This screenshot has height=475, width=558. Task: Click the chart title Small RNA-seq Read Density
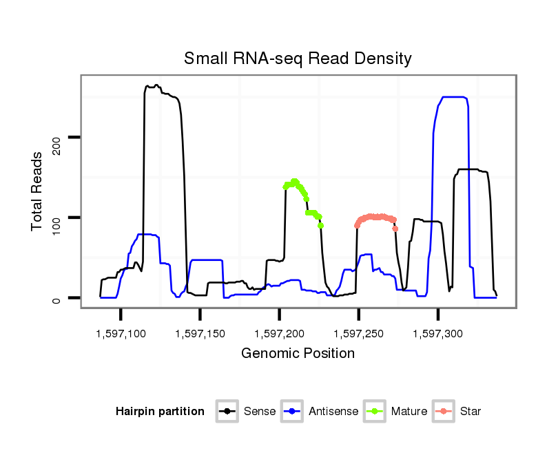tap(298, 59)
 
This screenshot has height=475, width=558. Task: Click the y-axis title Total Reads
tap(39, 191)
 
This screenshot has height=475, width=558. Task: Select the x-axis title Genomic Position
tap(298, 354)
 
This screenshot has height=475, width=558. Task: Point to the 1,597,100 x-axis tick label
tap(121, 334)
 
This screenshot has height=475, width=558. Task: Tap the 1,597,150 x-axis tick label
tap(200, 334)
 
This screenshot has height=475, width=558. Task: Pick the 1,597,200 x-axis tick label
tap(279, 334)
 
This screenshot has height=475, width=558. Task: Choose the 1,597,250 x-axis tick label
tap(358, 334)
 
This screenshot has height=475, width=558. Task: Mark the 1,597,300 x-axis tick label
tap(437, 334)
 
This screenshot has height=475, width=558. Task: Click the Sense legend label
tap(260, 412)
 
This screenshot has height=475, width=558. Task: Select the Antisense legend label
tap(333, 412)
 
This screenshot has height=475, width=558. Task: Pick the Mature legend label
tap(409, 412)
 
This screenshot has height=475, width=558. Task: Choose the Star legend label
tap(471, 412)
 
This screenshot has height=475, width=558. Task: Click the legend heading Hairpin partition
tap(160, 412)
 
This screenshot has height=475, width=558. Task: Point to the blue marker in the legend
tap(292, 412)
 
